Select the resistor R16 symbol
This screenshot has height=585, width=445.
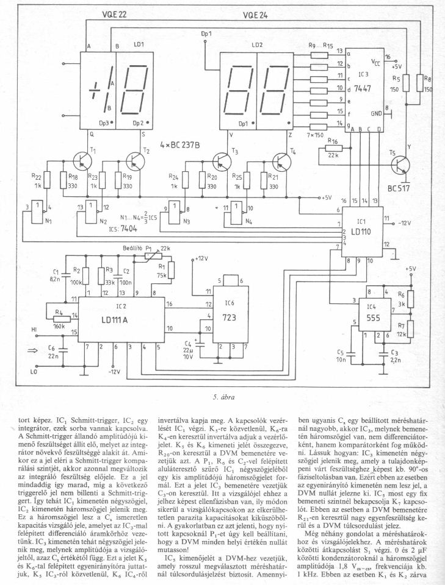(333, 149)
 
